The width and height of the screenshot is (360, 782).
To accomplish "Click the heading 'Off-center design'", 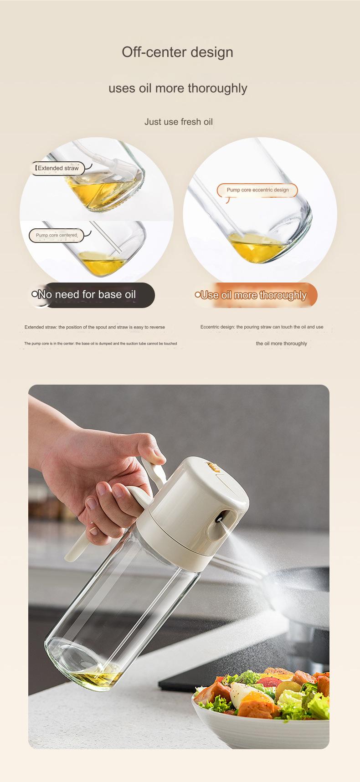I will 177,52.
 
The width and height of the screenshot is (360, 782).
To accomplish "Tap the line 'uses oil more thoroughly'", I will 178,88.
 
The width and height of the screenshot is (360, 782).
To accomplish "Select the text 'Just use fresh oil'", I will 179,122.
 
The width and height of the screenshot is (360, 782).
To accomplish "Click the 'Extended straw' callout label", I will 58,168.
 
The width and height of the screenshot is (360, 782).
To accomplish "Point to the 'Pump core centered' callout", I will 57,235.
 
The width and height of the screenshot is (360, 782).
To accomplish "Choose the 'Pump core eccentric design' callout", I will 258,190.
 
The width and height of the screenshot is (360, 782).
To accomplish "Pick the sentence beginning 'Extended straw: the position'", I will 95,327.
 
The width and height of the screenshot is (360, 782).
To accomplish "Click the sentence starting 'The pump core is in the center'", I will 101,343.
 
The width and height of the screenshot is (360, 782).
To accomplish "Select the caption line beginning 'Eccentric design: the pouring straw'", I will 262,327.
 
